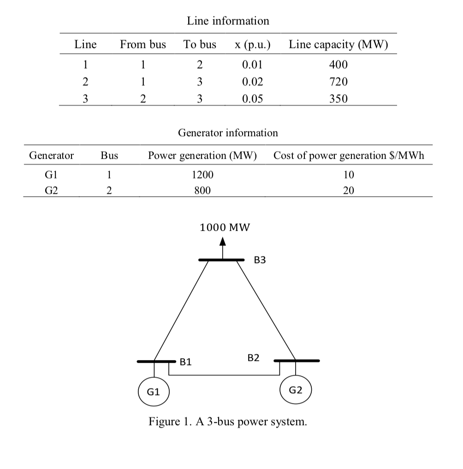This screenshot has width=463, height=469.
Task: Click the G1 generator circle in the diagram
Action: (x=154, y=392)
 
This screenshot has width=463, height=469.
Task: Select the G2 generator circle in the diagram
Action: (x=296, y=390)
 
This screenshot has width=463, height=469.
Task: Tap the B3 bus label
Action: (x=260, y=260)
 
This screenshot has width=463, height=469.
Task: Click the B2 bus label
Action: (x=253, y=357)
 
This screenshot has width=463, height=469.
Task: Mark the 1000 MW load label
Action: (x=225, y=227)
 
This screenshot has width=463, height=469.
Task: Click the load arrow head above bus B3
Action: (x=223, y=241)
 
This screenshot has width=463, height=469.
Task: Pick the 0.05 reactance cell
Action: (x=253, y=98)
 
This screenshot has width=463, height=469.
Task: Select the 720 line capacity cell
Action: (x=338, y=82)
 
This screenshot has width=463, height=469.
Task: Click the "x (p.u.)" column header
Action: (x=252, y=45)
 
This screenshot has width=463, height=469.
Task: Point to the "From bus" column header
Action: (x=143, y=45)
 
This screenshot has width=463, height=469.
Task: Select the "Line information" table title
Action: (x=228, y=21)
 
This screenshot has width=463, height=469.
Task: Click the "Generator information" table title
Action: (x=228, y=133)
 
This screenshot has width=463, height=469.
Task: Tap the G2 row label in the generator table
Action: (x=51, y=190)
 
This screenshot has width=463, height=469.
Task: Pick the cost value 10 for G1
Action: (x=349, y=175)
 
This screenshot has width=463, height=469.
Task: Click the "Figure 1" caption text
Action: (x=227, y=422)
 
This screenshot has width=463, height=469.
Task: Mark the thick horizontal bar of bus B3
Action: (x=221, y=260)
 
